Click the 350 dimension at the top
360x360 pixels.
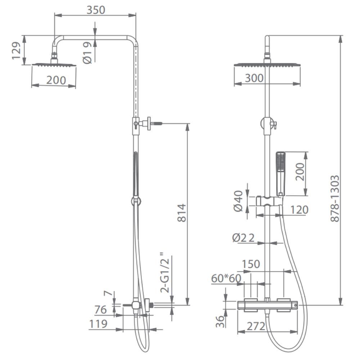(96, 10)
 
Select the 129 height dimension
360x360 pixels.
(17, 50)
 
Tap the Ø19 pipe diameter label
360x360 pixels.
(87, 53)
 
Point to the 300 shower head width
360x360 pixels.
(254, 78)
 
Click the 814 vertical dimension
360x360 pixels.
(182, 213)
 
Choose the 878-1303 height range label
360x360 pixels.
(335, 198)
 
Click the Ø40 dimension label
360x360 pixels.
(238, 201)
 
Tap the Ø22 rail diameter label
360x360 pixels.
(243, 238)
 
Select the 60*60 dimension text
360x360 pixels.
(226, 278)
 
